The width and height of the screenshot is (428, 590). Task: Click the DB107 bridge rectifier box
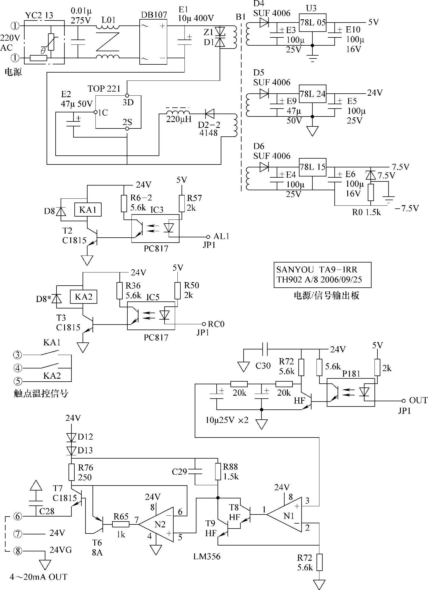click(x=153, y=42)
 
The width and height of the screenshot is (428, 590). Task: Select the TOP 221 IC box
click(x=118, y=112)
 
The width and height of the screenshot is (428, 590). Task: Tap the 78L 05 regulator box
click(x=312, y=23)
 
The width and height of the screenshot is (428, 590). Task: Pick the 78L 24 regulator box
click(x=312, y=94)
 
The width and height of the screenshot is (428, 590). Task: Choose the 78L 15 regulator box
click(x=312, y=167)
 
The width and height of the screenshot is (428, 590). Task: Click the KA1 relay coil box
click(x=88, y=210)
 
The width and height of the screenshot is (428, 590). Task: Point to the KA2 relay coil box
click(x=83, y=297)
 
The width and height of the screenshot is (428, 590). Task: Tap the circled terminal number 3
click(x=18, y=355)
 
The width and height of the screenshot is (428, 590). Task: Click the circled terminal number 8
click(x=18, y=551)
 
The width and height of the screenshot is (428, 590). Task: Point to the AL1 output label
click(x=221, y=236)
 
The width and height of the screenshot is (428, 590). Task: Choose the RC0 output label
click(x=216, y=324)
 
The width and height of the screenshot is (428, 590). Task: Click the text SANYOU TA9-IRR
click(x=316, y=270)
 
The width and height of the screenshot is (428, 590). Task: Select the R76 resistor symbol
click(x=71, y=472)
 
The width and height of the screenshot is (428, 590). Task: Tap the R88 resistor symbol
click(x=218, y=471)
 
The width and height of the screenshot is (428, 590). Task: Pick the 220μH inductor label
click(x=179, y=119)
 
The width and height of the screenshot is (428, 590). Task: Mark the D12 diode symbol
click(x=71, y=437)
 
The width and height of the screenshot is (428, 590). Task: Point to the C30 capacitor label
click(x=263, y=366)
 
